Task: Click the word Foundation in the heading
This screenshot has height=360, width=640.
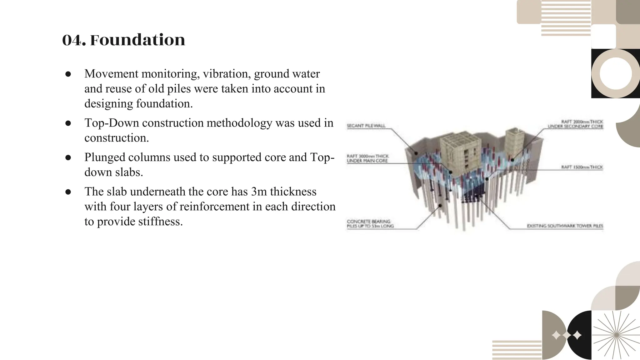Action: pyautogui.click(x=137, y=40)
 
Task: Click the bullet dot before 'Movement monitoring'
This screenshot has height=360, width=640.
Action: pyautogui.click(x=68, y=74)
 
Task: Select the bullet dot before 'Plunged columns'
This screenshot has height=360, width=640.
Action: pyautogui.click(x=68, y=157)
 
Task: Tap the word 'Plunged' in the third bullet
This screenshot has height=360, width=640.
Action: pyautogui.click(x=105, y=157)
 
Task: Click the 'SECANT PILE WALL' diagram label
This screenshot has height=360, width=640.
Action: pyautogui.click(x=366, y=126)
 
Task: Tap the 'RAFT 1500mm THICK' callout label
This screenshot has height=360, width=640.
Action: pyautogui.click(x=582, y=167)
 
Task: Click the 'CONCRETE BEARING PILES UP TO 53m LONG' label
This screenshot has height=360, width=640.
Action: pyautogui.click(x=370, y=224)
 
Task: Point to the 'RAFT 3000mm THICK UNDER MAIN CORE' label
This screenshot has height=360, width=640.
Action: pyautogui.click(x=367, y=158)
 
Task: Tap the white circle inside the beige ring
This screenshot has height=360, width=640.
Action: pyautogui.click(x=616, y=74)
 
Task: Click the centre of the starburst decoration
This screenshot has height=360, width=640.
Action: pyautogui.click(x=616, y=335)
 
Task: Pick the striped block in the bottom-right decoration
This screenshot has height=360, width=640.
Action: pyautogui.click(x=517, y=350)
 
